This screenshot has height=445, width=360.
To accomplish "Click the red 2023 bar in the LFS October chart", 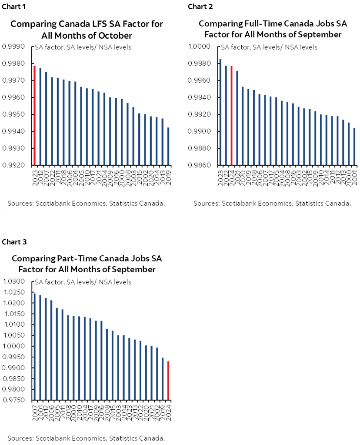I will click(x=34, y=115).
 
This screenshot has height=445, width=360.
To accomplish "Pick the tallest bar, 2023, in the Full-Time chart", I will click(x=220, y=112).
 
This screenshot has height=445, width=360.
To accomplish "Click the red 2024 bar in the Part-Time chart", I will click(x=168, y=380).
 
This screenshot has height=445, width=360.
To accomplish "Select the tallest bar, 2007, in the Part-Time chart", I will click(x=35, y=346).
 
